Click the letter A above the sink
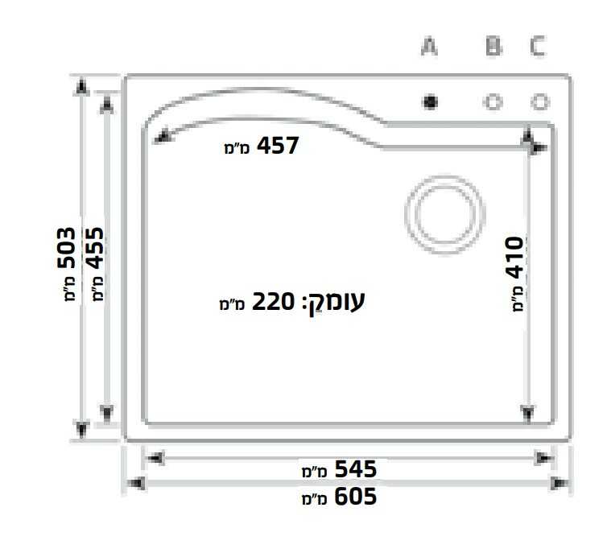click(x=429, y=46)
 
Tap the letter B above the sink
click(x=493, y=46)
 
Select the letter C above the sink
click(x=538, y=46)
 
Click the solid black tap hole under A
click(x=430, y=102)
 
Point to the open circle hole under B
click(x=493, y=102)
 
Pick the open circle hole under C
click(x=540, y=102)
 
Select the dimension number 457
click(x=278, y=146)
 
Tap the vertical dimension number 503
click(x=67, y=248)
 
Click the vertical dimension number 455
click(x=95, y=248)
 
